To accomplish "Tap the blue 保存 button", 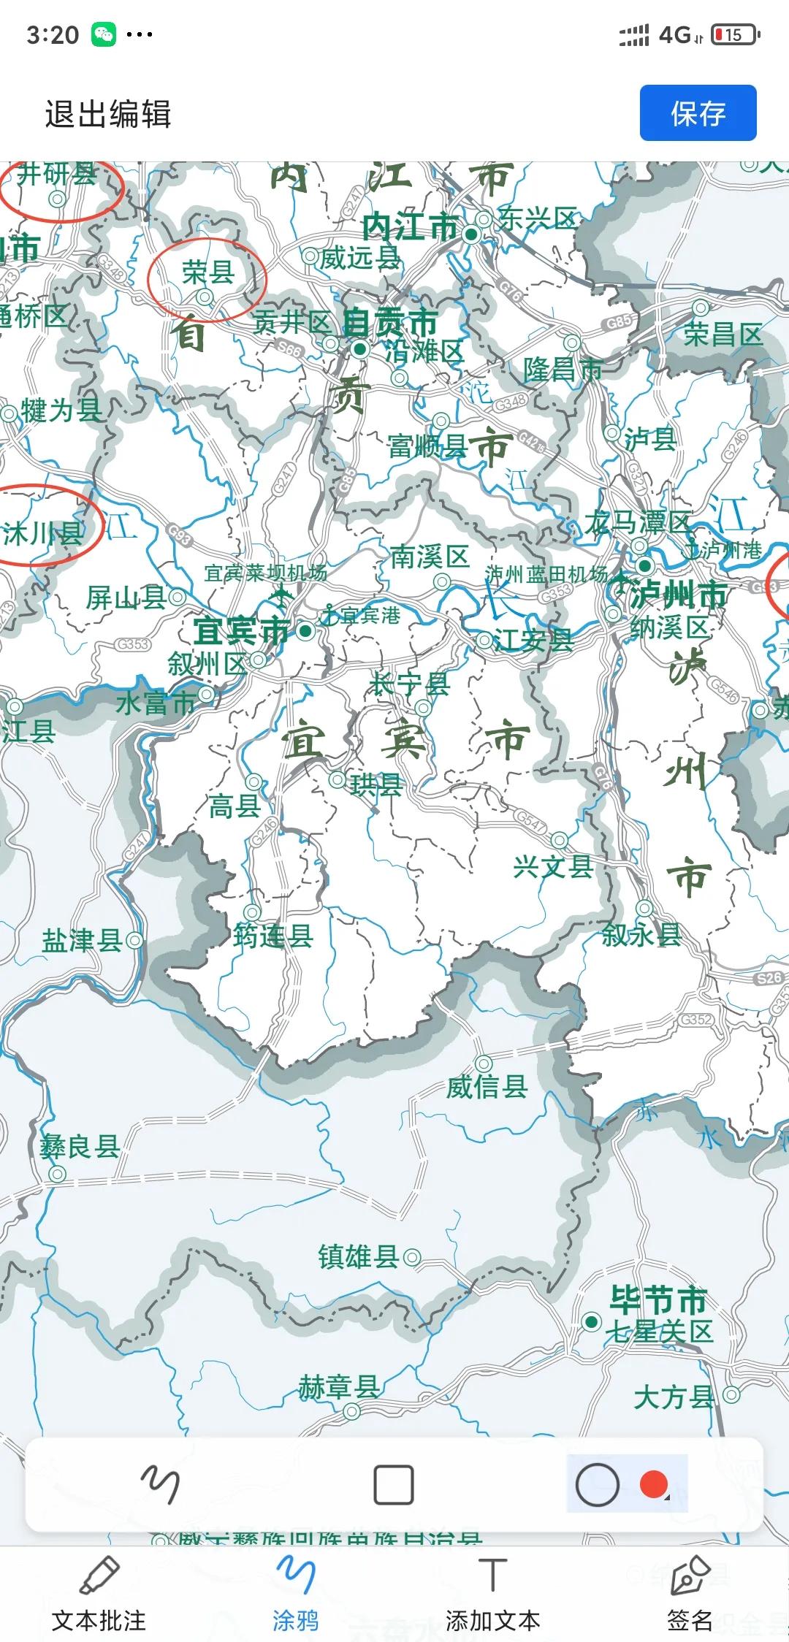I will tap(698, 113).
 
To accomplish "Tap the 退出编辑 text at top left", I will tap(108, 115).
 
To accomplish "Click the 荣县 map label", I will tap(208, 272).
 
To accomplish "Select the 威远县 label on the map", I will tap(360, 258).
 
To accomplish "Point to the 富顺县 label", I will tap(427, 446).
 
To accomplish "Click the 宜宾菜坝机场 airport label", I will tap(265, 573).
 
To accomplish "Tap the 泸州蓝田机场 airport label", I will tap(546, 575).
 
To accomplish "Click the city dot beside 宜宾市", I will tap(305, 630).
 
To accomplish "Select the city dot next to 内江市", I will tap(472, 234).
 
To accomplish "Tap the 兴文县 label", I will tap(553, 867).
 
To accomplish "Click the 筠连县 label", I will tap(273, 936).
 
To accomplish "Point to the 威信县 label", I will tap(487, 1087).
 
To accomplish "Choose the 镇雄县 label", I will tap(359, 1257).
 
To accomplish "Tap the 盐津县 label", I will tap(82, 940).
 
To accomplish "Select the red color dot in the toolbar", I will tap(653, 1483).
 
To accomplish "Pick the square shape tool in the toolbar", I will tap(394, 1485).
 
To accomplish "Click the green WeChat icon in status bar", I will tap(104, 34).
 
